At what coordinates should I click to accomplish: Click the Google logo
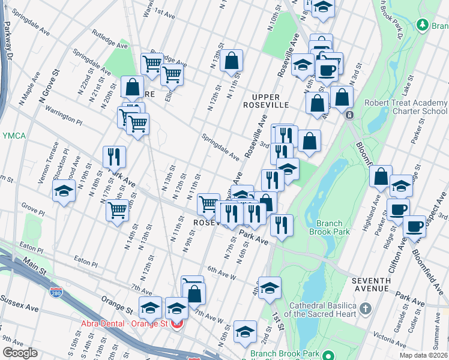click(20, 353)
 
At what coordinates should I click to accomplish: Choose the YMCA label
click(13, 136)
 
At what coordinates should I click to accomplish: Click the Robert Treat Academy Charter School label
click(406, 107)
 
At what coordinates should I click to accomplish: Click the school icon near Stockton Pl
click(64, 193)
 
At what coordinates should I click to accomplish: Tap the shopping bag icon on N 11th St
click(231, 61)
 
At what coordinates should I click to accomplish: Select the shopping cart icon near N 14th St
click(117, 210)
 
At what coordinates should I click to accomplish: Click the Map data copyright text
click(424, 354)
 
